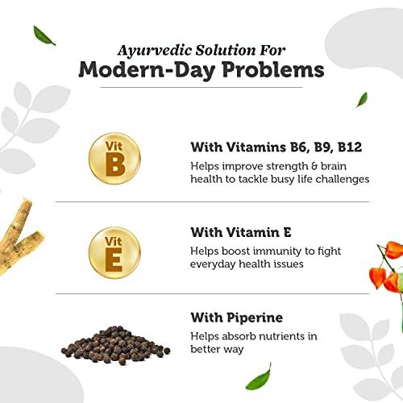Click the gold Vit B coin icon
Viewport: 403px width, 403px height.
(x=116, y=158)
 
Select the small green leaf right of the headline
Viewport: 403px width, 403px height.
(x=362, y=99)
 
